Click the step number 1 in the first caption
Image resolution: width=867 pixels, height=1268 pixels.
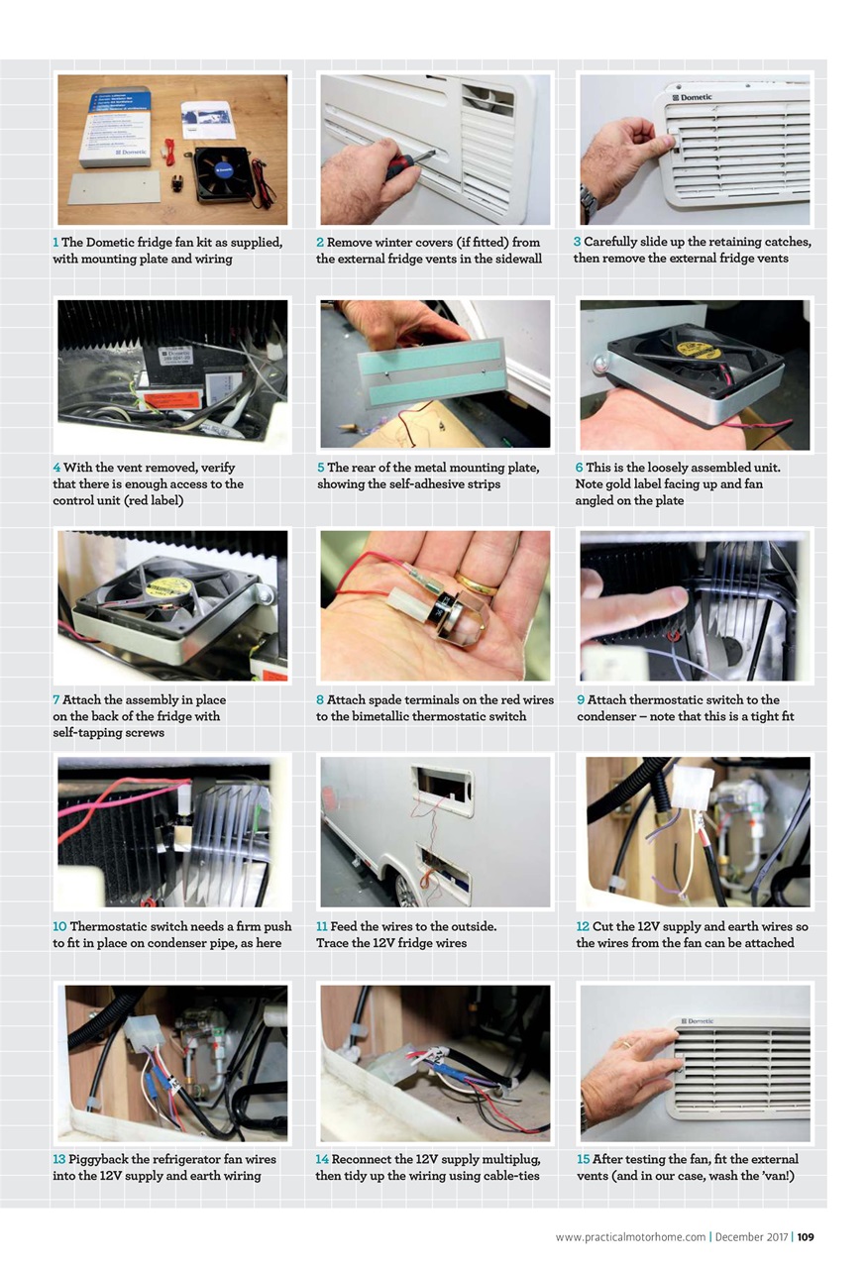[x=56, y=243]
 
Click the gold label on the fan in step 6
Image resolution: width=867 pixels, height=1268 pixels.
[x=699, y=349]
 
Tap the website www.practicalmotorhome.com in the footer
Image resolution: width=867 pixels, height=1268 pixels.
[x=630, y=1236]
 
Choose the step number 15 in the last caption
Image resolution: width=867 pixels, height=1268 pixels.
[x=583, y=1159]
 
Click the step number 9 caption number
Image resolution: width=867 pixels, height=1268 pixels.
[x=580, y=700]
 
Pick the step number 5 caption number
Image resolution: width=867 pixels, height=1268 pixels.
[x=320, y=468]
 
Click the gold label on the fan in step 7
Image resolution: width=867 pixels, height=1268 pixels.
[x=169, y=586]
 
